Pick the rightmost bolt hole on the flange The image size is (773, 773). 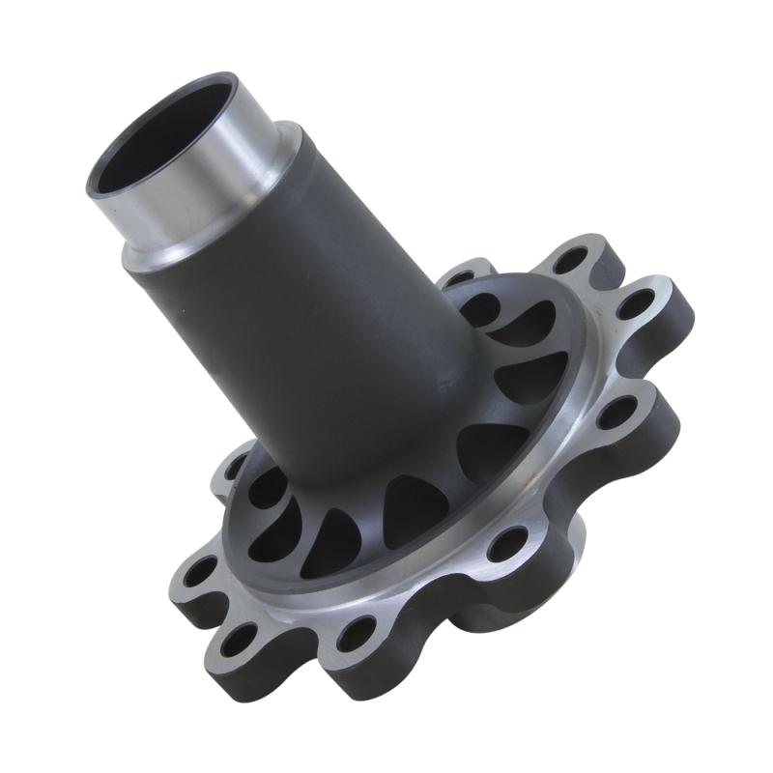click(x=635, y=307)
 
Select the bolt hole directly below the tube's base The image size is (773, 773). click(x=357, y=633)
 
